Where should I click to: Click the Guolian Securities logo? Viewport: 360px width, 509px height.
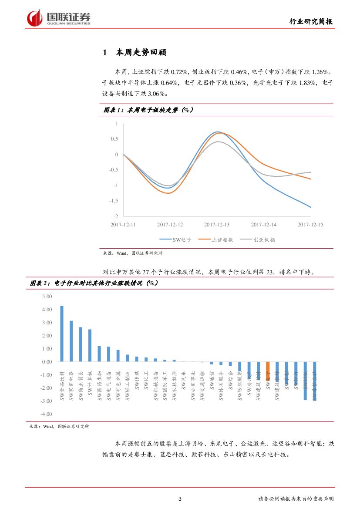pos(58,18)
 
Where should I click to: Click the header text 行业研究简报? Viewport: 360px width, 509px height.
pos(312,22)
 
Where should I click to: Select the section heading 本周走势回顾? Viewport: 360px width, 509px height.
pos(141,53)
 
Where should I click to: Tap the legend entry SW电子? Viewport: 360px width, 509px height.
pos(173,239)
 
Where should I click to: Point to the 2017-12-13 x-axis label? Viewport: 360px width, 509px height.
pos(216,225)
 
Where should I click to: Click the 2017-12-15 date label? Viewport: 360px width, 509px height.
pos(310,225)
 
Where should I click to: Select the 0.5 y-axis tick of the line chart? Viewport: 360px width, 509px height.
pos(114,139)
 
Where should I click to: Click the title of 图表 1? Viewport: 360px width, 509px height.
pos(148,111)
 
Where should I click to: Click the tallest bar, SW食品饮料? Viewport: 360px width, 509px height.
pos(62,334)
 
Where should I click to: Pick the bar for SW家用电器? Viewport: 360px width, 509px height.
pos(71,341)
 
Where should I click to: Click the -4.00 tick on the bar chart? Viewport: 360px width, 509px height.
pos(46,414)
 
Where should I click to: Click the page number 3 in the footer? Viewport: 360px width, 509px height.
pos(180,499)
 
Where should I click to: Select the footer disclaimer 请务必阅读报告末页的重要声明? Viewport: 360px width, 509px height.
pos(296,499)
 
